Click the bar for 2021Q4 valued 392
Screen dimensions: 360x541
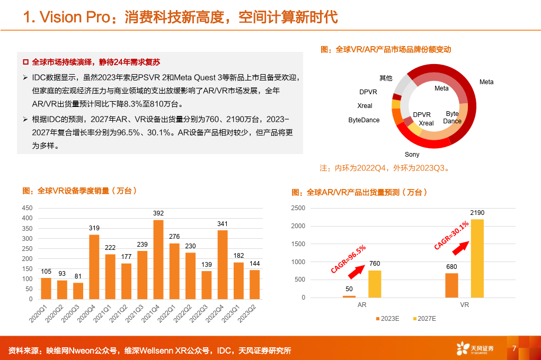pyautogui.click(x=158, y=259)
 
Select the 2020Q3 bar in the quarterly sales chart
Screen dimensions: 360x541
pyautogui.click(x=78, y=291)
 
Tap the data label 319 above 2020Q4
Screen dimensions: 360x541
pyautogui.click(x=94, y=228)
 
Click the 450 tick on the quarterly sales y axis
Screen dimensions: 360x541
pyautogui.click(x=26, y=208)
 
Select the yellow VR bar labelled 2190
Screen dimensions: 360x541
pyautogui.click(x=477, y=258)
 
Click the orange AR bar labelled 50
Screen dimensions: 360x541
pyautogui.click(x=349, y=296)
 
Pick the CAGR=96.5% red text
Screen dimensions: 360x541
pyautogui.click(x=348, y=259)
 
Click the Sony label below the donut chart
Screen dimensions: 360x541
pyautogui.click(x=412, y=155)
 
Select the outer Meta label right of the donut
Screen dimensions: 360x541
pyautogui.click(x=486, y=82)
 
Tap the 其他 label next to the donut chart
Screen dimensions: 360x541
pyautogui.click(x=386, y=78)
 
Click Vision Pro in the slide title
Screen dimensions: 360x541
pyautogui.click(x=69, y=17)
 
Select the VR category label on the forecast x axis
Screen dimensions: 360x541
pyautogui.click(x=465, y=305)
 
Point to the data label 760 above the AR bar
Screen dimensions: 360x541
pyautogui.click(x=375, y=264)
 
